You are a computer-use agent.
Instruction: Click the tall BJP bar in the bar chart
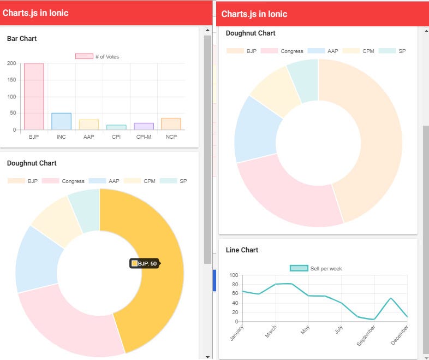coord(33,97)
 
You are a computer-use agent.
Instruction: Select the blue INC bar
coord(61,121)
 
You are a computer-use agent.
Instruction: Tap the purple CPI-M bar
coord(144,126)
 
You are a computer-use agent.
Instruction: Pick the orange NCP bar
coord(171,124)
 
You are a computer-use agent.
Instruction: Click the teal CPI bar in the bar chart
coord(116,127)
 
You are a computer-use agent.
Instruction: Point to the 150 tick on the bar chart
coord(11,80)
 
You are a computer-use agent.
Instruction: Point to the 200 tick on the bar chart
coord(11,63)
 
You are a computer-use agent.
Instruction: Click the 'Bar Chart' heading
coord(22,39)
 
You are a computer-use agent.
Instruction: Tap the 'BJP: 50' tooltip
coord(145,263)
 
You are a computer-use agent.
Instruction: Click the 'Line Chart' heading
coord(242,250)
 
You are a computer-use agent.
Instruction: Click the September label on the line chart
coord(366,335)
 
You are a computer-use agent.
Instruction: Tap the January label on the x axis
coord(237,333)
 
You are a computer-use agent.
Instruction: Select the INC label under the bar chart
coord(61,137)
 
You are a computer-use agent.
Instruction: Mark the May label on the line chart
coord(305,330)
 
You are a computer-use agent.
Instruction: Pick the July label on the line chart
coord(338,330)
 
